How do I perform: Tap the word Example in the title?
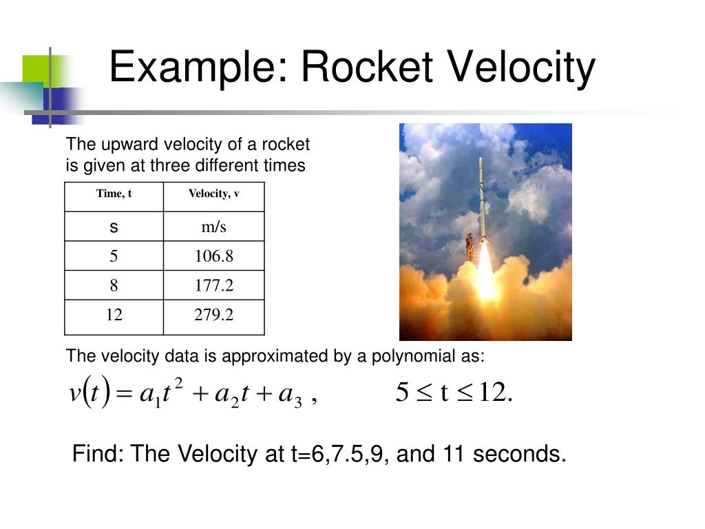point(197,68)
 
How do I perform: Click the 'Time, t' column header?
point(114,194)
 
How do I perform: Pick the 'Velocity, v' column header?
point(213,194)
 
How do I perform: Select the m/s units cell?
point(213,227)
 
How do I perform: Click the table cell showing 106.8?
point(213,257)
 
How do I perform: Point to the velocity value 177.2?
point(213,286)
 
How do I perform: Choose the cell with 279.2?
point(213,315)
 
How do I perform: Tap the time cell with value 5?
point(114,257)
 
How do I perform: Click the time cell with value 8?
point(114,286)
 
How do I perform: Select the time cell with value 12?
point(114,315)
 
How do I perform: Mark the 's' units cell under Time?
point(114,227)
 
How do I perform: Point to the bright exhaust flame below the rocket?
point(486,276)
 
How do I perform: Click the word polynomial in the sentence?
point(406,357)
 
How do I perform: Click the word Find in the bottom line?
point(98,455)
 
